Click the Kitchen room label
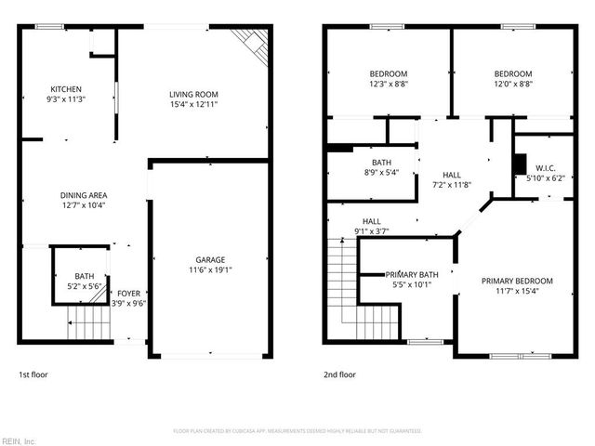[66, 88]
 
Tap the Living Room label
[193, 94]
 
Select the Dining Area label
[83, 195]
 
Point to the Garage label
[210, 259]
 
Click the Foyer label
[128, 293]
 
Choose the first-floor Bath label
[85, 276]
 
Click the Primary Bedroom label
[517, 281]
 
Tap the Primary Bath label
[412, 274]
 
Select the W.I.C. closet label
[545, 168]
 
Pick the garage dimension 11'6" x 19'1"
[210, 270]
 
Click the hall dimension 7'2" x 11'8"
[452, 185]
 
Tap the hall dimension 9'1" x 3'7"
[371, 231]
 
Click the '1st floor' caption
[33, 374]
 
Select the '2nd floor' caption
[339, 374]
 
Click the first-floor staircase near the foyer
[88, 324]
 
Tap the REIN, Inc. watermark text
[19, 439]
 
